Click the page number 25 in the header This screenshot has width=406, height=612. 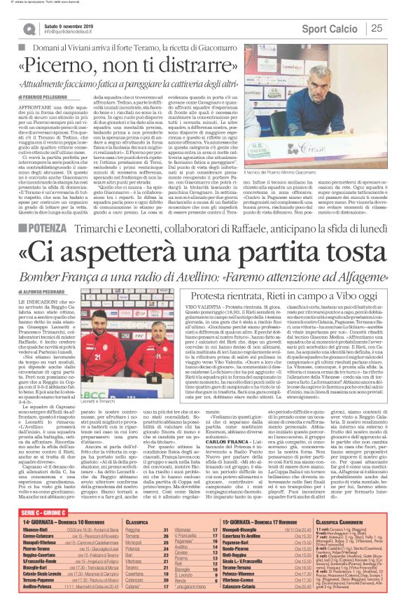click(x=377, y=28)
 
